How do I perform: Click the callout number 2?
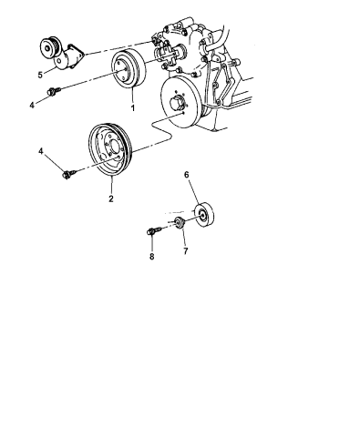111,198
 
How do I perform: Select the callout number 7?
187,251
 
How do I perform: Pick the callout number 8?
152,258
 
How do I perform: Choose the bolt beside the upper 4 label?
55,91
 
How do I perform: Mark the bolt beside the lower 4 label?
68,169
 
